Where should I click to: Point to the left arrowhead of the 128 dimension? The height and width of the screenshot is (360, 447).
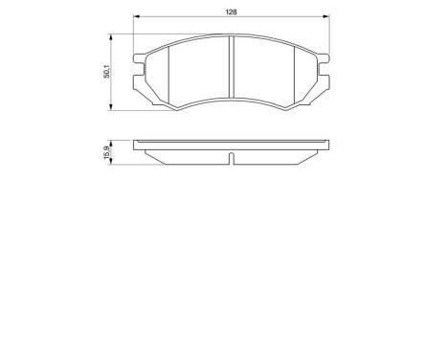click(x=135, y=19)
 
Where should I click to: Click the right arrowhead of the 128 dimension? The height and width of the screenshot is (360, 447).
click(x=328, y=19)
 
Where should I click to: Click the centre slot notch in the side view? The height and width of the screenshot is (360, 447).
click(x=232, y=156)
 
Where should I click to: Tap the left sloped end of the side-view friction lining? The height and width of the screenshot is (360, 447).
click(x=145, y=153)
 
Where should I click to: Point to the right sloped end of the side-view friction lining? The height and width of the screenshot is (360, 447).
click(x=318, y=153)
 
